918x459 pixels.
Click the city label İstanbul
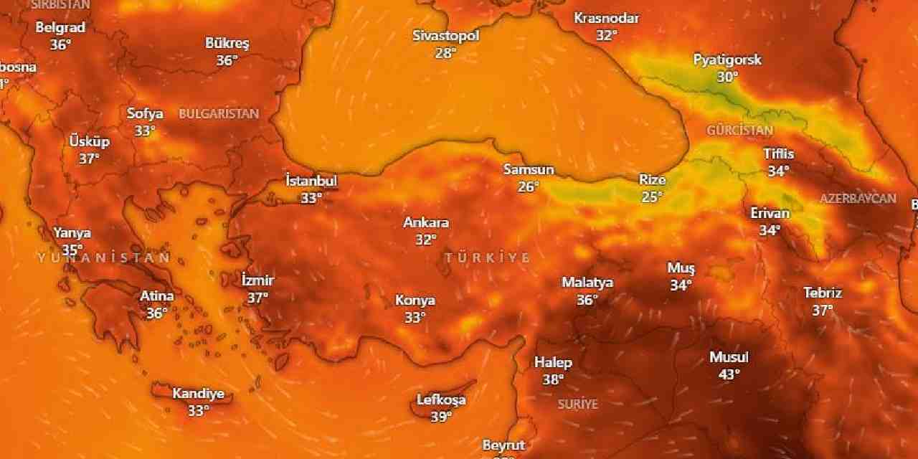(x=311, y=180)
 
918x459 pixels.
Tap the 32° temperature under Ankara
(x=425, y=240)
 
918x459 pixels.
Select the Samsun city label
(x=529, y=170)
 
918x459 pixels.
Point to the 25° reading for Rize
(x=651, y=197)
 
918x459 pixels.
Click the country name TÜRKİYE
(x=488, y=257)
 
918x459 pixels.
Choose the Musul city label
(x=729, y=357)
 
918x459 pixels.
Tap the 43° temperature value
(x=729, y=374)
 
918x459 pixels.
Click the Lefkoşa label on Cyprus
(x=441, y=400)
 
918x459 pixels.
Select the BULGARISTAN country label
(x=219, y=114)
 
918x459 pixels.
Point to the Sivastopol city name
(x=445, y=36)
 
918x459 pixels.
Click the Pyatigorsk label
(x=727, y=60)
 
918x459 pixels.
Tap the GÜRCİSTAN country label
(x=740, y=131)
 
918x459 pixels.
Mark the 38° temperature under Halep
(x=553, y=380)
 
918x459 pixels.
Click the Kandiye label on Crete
(x=198, y=394)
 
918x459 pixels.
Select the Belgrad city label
(x=60, y=28)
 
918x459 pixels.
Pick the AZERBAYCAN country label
(x=858, y=199)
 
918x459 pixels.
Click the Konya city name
(x=415, y=301)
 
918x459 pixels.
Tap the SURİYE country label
(x=578, y=404)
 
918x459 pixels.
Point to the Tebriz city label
(x=823, y=293)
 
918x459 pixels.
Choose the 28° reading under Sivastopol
(x=445, y=53)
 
